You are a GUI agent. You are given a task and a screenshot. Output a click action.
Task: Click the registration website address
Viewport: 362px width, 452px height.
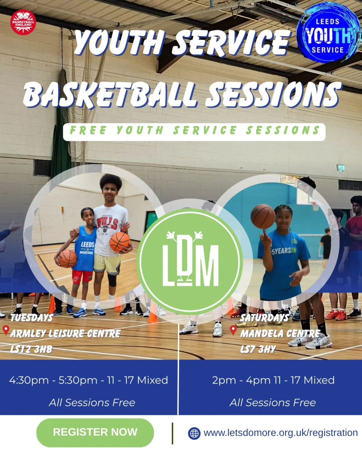[281, 433]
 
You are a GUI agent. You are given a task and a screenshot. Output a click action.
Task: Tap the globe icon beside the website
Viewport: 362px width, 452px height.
[194, 433]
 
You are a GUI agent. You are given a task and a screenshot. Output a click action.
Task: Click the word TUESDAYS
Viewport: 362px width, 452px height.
[32, 318]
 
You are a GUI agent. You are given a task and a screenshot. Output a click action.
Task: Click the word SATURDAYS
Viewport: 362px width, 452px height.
[264, 318]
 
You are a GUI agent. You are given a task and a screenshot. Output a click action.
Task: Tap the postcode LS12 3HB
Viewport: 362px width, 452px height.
[31, 349]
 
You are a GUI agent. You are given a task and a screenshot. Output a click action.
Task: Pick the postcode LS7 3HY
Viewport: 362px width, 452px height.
[258, 349]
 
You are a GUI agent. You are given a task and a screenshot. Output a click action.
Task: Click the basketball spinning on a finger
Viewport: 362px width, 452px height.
[263, 216]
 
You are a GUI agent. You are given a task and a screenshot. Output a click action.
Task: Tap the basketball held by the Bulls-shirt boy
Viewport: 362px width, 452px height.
[120, 242]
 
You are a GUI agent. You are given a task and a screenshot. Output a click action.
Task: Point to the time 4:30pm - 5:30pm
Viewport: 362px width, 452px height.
[53, 380]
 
